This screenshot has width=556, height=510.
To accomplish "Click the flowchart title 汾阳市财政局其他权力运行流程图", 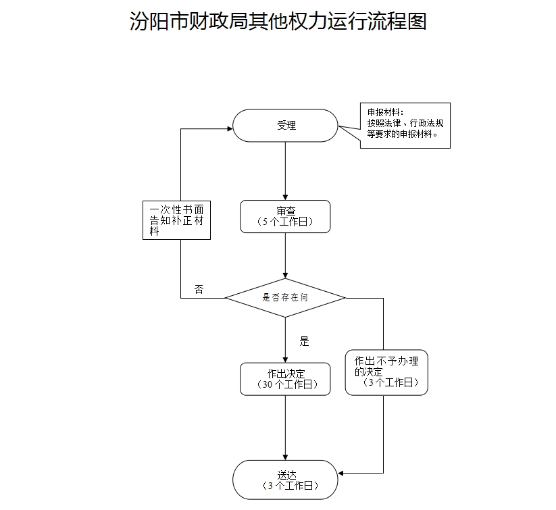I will pos(278,21).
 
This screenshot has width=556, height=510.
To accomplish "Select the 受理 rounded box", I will pos(285,126).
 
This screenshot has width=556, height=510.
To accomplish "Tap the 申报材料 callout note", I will pos(404,125).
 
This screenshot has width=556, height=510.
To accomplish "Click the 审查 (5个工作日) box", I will pos(285,216).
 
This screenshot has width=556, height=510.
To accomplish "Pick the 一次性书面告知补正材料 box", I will pos(176,220).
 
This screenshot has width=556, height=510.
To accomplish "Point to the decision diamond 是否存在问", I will pos(285,297).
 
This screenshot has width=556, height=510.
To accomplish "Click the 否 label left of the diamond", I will pos(199,289).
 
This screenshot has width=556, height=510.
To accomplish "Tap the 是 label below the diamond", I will pos(304,341).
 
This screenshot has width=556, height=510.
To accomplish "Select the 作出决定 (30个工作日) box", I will pos(285,379).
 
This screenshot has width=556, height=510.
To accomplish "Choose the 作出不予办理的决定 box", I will pos(386,372).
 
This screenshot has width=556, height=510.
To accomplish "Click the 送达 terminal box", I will pos(285,480).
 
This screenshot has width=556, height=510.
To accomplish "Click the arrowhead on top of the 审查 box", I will pos(285,196).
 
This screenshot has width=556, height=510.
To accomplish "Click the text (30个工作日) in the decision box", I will pos(286,384).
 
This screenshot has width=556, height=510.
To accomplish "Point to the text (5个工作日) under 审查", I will pos(286,222).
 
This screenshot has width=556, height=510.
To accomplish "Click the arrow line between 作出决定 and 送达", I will pos(285,426).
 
